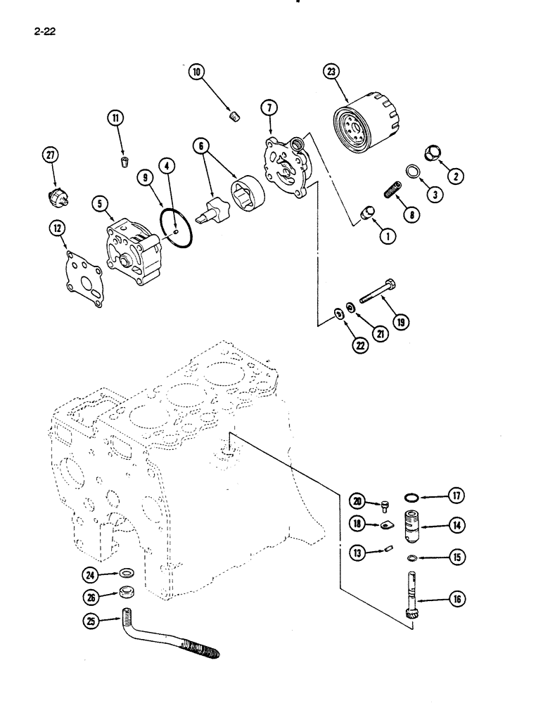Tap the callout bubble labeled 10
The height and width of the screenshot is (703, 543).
(196, 72)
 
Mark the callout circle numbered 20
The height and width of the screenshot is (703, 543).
(359, 501)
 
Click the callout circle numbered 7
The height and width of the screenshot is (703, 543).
(270, 108)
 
